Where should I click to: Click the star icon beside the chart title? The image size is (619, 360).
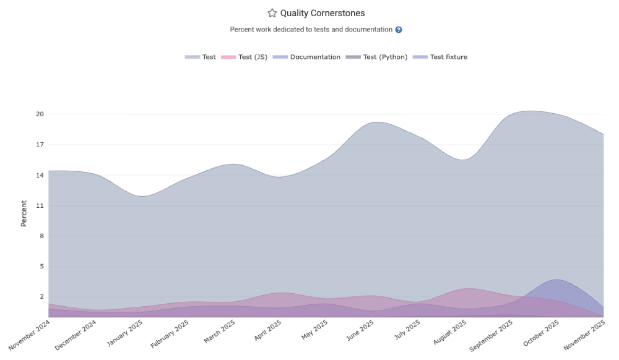272,13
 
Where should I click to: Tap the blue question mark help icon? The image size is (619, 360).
399,30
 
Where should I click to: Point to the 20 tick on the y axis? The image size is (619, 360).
40,114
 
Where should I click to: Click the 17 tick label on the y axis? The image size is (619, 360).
40,145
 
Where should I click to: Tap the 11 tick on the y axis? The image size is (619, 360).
40,205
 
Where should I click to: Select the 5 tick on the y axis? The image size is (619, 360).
41,267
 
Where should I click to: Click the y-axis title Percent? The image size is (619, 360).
24,213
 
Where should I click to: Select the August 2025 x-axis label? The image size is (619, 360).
451,335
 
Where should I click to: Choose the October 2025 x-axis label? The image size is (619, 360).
543,335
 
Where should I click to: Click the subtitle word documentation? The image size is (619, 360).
370,30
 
